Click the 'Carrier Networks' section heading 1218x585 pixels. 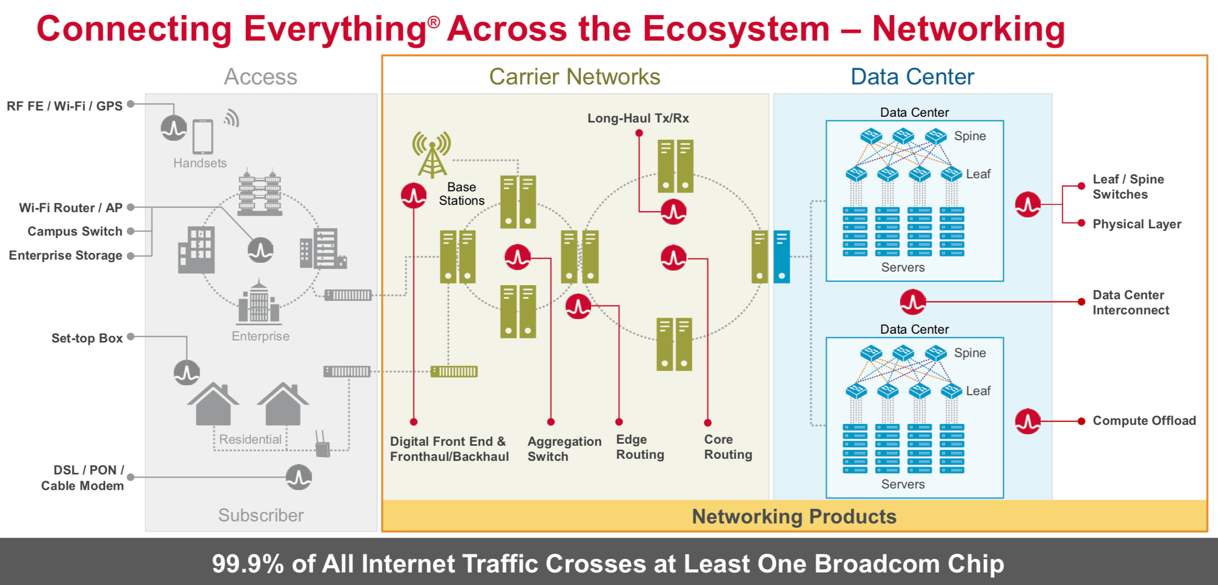(574, 77)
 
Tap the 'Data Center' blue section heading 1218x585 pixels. (912, 77)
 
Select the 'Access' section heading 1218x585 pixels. (260, 77)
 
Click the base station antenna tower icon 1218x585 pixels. (432, 154)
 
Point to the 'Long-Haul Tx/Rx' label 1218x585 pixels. (638, 118)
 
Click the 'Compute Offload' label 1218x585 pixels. (1144, 421)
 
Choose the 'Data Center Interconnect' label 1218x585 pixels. (1130, 302)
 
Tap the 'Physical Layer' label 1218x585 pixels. (1137, 224)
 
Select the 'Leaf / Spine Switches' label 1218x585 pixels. (1128, 187)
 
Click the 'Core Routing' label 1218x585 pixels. (728, 447)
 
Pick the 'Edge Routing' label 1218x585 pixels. (640, 447)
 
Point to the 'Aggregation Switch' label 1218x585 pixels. (564, 448)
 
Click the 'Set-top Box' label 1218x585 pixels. (87, 338)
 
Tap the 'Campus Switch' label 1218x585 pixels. (75, 231)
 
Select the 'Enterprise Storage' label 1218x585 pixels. (66, 255)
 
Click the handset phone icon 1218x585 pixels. (203, 137)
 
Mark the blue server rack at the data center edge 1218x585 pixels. (781, 257)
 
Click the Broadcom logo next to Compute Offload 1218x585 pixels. (1027, 421)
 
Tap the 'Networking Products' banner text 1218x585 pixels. (794, 517)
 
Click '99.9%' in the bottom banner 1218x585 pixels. (247, 564)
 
